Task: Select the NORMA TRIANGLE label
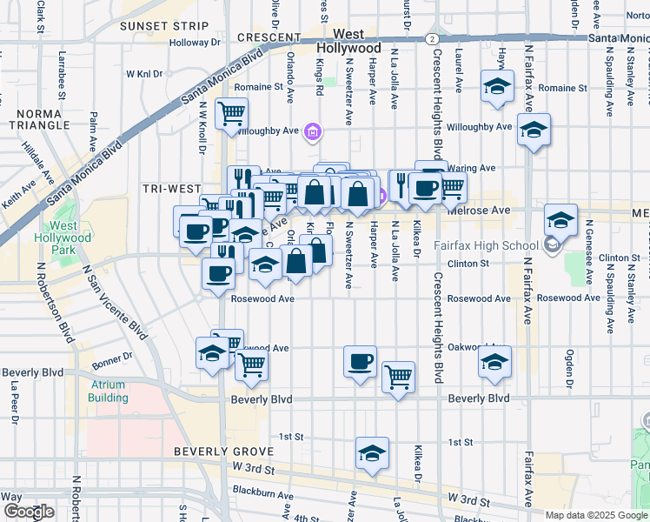pyautogui.click(x=38, y=119)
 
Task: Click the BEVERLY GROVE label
pyautogui.click(x=223, y=452)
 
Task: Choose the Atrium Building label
pyautogui.click(x=108, y=391)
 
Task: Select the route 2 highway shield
pyautogui.click(x=432, y=39)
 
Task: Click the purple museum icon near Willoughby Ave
pyautogui.click(x=313, y=133)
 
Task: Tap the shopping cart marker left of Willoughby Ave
pyautogui.click(x=232, y=113)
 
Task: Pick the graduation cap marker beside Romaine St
pyautogui.click(x=497, y=87)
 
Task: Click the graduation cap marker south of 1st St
pyautogui.click(x=372, y=454)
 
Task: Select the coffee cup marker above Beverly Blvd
pyautogui.click(x=359, y=361)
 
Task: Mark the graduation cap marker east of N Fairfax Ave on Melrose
pyautogui.click(x=560, y=220)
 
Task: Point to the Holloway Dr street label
pyautogui.click(x=195, y=42)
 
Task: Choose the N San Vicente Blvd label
pyautogui.click(x=115, y=300)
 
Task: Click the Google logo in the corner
pyautogui.click(x=29, y=512)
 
